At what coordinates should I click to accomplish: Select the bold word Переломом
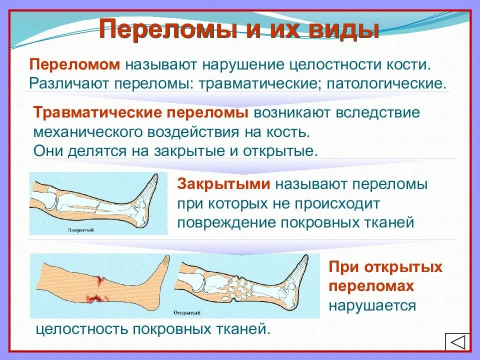tap(75, 65)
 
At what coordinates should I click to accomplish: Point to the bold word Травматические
tap(97, 113)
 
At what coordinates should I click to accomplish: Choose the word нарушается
tap(372, 305)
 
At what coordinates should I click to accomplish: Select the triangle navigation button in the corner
tap(457, 343)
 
